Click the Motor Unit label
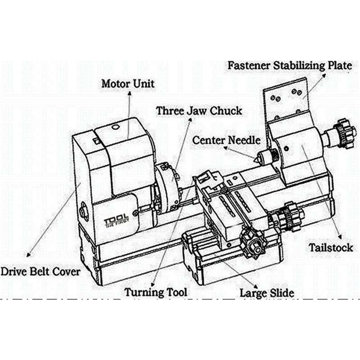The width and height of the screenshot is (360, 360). point(128,84)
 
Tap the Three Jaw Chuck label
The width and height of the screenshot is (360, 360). point(199,110)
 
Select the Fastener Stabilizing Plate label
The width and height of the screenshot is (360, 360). point(288,65)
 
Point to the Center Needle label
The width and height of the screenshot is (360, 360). point(226,140)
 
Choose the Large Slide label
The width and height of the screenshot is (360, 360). point(267,293)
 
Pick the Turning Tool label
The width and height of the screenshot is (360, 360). point(156,292)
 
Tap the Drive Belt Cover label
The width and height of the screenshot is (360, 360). point(40,271)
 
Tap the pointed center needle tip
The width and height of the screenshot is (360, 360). point(257,157)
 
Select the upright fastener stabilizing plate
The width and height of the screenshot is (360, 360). point(287,101)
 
